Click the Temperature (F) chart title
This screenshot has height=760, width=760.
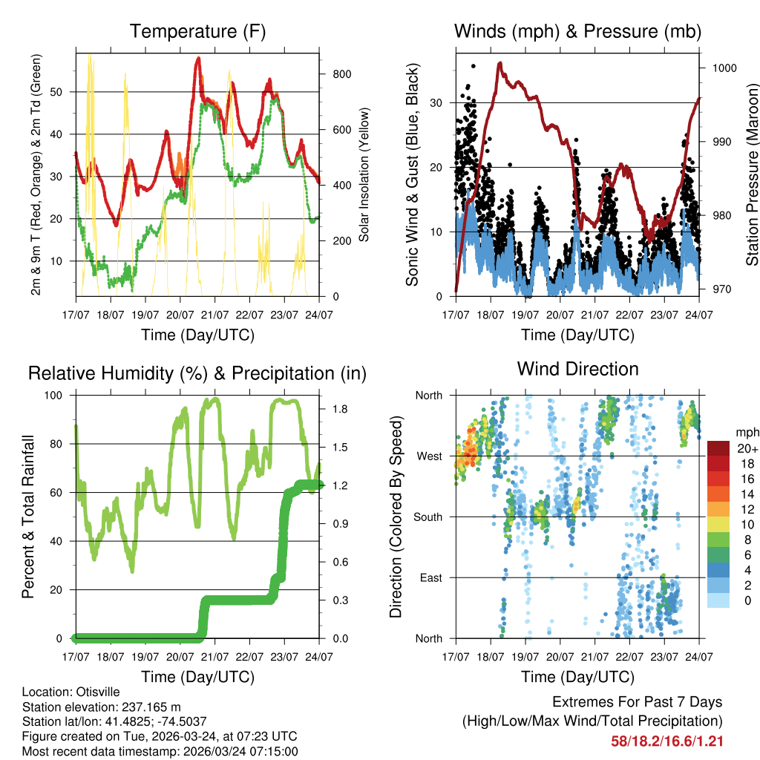coord(197,32)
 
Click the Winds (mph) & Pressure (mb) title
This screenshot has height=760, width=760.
coord(577,32)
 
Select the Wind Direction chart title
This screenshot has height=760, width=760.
coord(577,369)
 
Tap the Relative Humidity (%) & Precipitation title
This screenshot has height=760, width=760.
coord(197,373)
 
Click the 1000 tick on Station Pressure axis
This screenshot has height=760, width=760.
coord(724,68)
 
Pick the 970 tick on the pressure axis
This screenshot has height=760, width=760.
coord(720,289)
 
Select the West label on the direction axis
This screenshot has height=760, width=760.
coord(429,456)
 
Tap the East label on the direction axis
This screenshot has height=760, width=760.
coord(430,577)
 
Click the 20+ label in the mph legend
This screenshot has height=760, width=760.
coord(745,448)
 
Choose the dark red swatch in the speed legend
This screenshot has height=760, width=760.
coord(719,448)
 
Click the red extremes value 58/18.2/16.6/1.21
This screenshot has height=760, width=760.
coord(666,741)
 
